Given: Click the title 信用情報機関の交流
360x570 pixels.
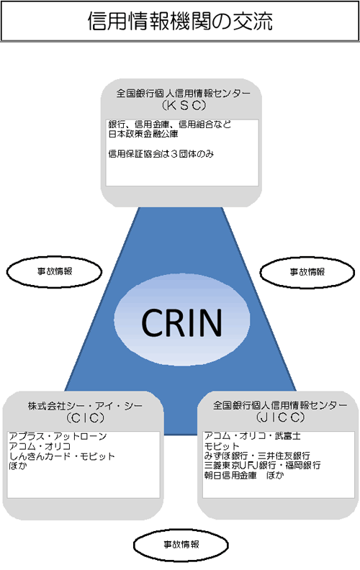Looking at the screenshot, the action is click(x=180, y=21).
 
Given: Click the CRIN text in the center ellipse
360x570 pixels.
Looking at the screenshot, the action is click(x=182, y=322).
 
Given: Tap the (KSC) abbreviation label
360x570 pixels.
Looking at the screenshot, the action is click(x=184, y=105).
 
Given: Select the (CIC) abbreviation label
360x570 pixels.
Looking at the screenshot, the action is click(x=86, y=418).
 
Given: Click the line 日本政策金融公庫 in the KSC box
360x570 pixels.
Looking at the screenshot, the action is click(x=143, y=134).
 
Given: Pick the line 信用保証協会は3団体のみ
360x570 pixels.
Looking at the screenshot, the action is click(x=161, y=154).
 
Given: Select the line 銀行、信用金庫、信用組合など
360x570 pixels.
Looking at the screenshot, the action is click(x=169, y=125).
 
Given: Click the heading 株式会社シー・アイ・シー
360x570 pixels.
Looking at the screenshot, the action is click(x=86, y=406).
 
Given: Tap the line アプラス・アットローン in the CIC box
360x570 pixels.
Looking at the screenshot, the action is click(x=58, y=437).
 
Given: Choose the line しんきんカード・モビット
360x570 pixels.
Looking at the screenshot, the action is click(x=62, y=456).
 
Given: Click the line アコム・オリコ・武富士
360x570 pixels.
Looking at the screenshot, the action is click(x=253, y=436).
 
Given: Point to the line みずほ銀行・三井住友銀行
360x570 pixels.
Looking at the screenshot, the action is click(x=257, y=456).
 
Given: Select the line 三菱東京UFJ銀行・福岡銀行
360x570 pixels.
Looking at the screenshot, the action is click(x=263, y=466).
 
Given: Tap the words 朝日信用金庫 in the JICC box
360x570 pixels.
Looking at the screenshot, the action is click(x=230, y=476).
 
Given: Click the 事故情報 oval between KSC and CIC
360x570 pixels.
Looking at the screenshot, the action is click(x=54, y=271).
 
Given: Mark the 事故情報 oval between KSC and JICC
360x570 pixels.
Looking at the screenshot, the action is click(x=307, y=272).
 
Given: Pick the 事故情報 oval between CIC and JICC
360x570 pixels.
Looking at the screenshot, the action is click(x=181, y=545).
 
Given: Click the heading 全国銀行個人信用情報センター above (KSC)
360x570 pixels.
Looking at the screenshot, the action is click(x=184, y=94).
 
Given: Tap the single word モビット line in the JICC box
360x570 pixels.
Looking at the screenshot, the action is click(x=222, y=446).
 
